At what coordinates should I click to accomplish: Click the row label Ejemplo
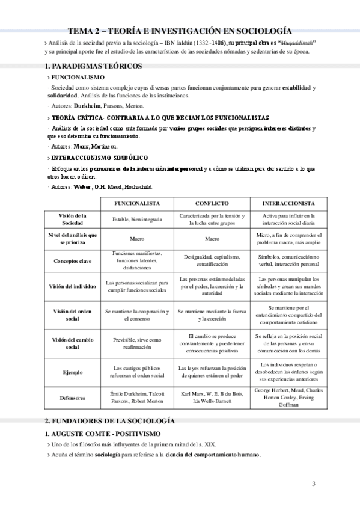[x=72, y=372]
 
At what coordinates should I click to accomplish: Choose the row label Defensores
[x=72, y=398]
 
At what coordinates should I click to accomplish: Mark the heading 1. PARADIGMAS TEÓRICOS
[x=93, y=65]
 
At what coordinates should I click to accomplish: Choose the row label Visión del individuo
[x=72, y=286]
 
